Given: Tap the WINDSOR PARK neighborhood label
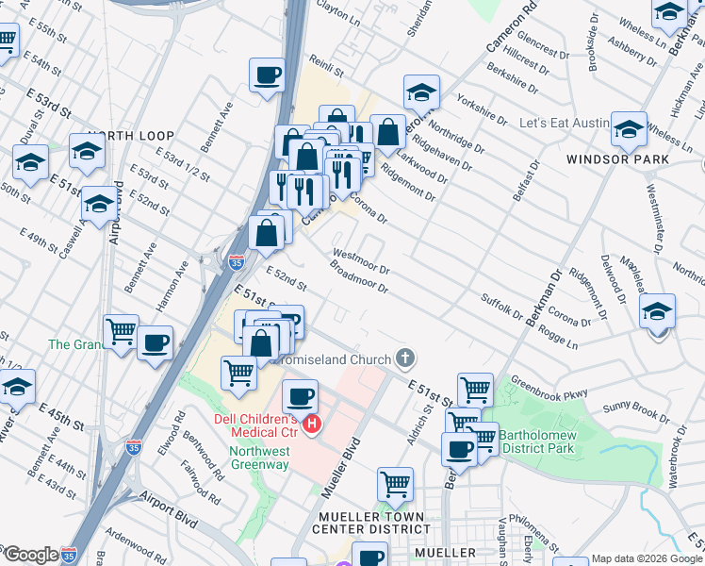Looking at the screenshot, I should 618,159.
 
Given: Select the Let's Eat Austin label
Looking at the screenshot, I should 573,124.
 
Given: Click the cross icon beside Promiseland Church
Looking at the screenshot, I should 405,358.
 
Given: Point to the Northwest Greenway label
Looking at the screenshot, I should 259,458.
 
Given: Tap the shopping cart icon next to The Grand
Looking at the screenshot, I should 122,332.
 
